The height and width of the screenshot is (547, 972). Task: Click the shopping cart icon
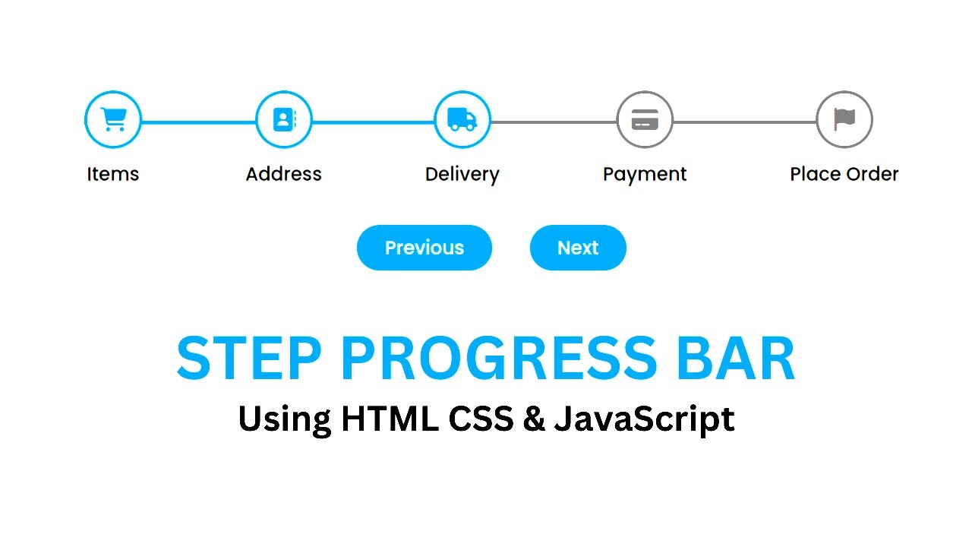point(113,119)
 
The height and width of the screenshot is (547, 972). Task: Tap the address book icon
point(283,119)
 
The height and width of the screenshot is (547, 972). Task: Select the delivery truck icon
point(462,119)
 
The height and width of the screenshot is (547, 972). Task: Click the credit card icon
point(645,119)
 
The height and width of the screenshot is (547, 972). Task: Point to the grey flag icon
point(844,119)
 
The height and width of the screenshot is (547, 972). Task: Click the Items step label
point(113,174)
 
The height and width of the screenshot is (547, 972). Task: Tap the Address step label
point(283,174)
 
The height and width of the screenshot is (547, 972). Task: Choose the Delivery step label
point(462,174)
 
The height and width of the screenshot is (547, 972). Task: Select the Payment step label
point(645,174)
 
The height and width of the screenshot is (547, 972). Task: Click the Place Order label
point(844,174)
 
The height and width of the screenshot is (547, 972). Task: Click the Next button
point(578,248)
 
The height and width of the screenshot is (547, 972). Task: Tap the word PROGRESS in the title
point(497,359)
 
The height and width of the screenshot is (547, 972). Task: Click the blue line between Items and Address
point(198,122)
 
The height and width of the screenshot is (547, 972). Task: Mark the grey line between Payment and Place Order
point(744,122)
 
